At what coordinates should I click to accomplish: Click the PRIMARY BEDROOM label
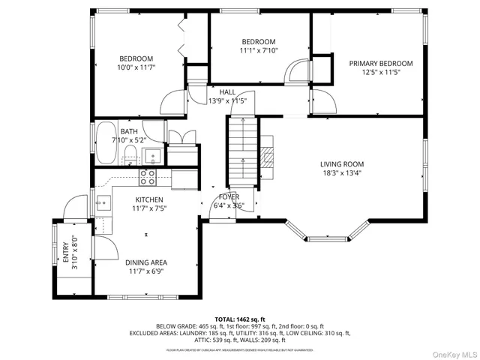(381, 63)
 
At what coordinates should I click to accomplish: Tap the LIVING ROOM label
(341, 164)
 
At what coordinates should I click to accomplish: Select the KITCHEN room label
(148, 199)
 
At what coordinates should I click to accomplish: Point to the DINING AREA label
(145, 262)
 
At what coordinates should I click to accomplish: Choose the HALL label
(227, 91)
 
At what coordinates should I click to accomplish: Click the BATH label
(128, 131)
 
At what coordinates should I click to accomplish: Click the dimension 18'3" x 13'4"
(341, 173)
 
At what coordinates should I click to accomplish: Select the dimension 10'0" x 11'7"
(136, 67)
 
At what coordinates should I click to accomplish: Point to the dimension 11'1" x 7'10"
(258, 50)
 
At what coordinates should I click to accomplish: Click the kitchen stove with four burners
(148, 177)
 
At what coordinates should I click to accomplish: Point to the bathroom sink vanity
(153, 156)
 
